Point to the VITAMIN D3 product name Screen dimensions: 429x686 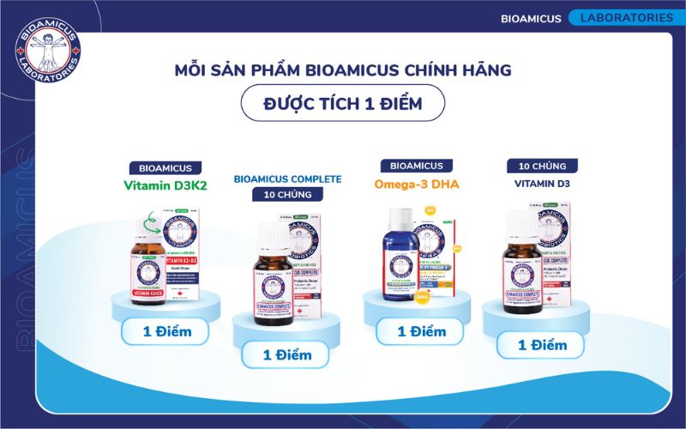(x=542, y=183)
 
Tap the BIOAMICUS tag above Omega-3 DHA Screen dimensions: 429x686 (x=417, y=166)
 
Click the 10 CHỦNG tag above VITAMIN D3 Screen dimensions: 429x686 (x=542, y=166)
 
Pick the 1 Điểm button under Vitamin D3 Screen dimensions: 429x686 (x=542, y=344)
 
